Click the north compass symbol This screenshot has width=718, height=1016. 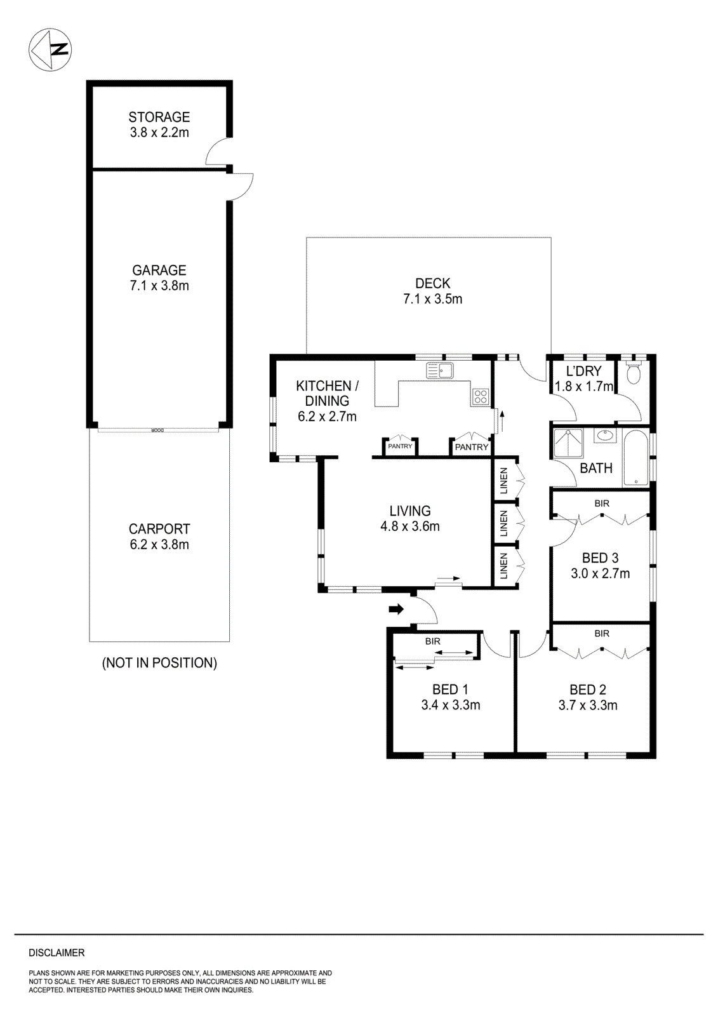coord(50,50)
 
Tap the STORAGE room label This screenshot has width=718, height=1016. coord(159,117)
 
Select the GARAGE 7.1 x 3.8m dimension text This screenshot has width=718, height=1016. coord(159,286)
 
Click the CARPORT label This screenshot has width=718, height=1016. coord(159,529)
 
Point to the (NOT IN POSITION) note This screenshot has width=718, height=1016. coord(159,663)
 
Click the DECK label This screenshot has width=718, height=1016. coord(433,283)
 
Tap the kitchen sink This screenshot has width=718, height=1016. coord(440,370)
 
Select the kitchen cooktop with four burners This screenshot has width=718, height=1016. coord(481,398)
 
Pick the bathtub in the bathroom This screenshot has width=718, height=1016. coord(635,458)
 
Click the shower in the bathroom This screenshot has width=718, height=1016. coord(568,443)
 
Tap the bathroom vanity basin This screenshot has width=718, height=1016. coord(605,436)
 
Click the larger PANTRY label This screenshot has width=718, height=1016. coord(472,447)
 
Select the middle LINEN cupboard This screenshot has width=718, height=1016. coord(504,523)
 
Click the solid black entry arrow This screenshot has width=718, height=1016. coord(396,610)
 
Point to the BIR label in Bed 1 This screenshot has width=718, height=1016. coord(433,641)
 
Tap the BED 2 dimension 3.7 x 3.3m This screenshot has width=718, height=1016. coord(588,705)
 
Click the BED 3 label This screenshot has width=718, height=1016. coord(600,558)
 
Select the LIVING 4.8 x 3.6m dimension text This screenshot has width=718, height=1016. coord(410,526)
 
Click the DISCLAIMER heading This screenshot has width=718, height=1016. coord(57,952)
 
